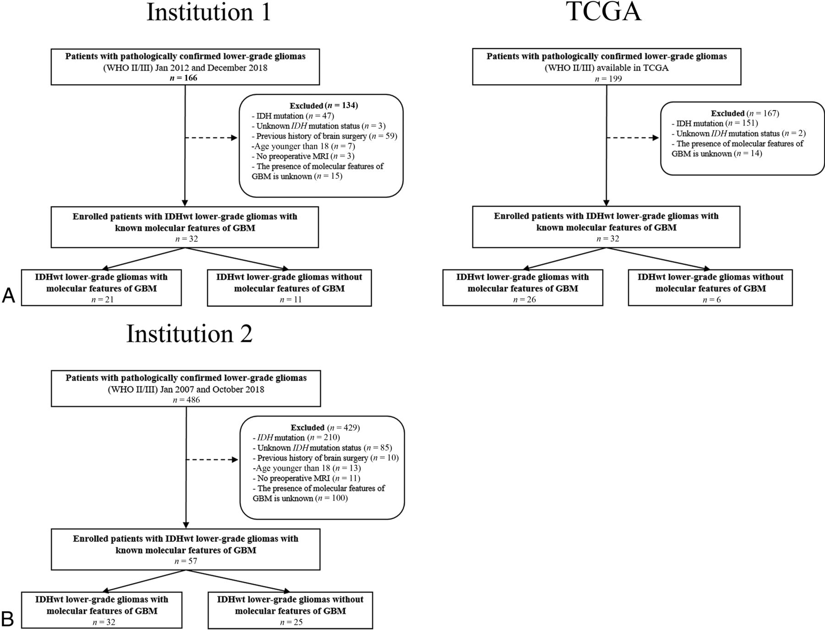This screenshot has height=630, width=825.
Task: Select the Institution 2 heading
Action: pos(189,334)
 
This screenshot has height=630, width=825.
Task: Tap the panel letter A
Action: pos(9,296)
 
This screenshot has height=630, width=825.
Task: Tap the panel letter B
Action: pos(8,619)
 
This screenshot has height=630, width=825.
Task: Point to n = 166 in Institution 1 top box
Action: pos(185,78)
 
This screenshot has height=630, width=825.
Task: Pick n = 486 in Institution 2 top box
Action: pos(186,400)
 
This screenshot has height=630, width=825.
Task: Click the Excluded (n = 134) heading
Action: pos(324,105)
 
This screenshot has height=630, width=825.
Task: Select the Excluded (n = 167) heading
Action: pos(745,113)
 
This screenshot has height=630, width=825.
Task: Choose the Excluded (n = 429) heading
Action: pos(325,427)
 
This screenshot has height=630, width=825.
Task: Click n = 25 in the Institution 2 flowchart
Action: pos(291,622)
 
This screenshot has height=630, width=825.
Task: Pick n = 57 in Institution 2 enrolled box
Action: pos(186,561)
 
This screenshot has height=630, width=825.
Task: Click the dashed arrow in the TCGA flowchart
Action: pos(632,138)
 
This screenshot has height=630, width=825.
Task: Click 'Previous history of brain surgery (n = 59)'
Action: pos(324,136)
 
